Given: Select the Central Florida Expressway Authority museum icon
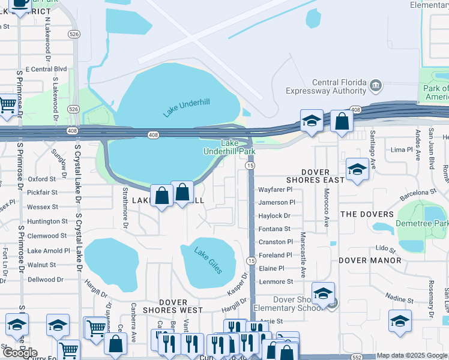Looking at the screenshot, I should pyautogui.click(x=376, y=85).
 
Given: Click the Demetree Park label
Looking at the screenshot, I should pyautogui.click(x=421, y=224).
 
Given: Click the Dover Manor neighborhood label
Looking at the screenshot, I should pyautogui.click(x=370, y=260).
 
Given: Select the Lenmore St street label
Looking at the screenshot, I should pyautogui.click(x=276, y=281).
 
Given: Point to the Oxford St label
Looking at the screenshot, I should pyautogui.click(x=41, y=179).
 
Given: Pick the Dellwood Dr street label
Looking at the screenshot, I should pyautogui.click(x=45, y=280).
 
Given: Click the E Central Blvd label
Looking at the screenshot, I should pyautogui.click(x=46, y=69).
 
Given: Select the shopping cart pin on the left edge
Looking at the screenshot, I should pyautogui.click(x=7, y=105).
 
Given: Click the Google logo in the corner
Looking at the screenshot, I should pyautogui.click(x=20, y=352).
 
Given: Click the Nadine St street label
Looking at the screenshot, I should pyautogui.click(x=396, y=298).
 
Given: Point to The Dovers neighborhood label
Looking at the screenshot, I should pyautogui.click(x=367, y=214).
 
